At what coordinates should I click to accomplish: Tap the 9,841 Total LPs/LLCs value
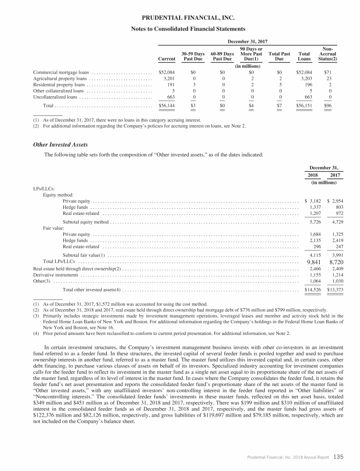pyautogui.click(x=313, y=262)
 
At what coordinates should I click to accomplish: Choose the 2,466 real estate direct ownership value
pyautogui.click(x=313, y=268)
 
